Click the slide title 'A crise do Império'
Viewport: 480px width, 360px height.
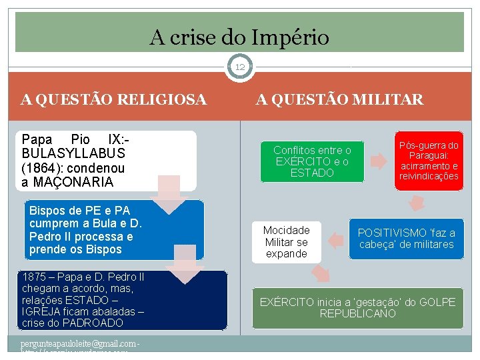239,37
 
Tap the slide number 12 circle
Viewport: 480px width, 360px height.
240,67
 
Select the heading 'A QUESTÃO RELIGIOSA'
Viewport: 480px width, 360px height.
113,100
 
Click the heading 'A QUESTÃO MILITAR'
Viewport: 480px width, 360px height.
340,100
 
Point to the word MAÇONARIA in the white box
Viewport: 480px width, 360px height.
73,181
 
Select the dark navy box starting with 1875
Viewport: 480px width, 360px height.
113,300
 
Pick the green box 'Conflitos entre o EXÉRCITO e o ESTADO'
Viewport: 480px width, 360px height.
312,162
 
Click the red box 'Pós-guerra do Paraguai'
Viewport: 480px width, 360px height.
429,161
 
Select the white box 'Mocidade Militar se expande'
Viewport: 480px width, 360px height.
286,241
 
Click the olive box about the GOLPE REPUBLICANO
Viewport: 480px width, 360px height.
357,307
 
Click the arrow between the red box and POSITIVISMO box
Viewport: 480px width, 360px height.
417,203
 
